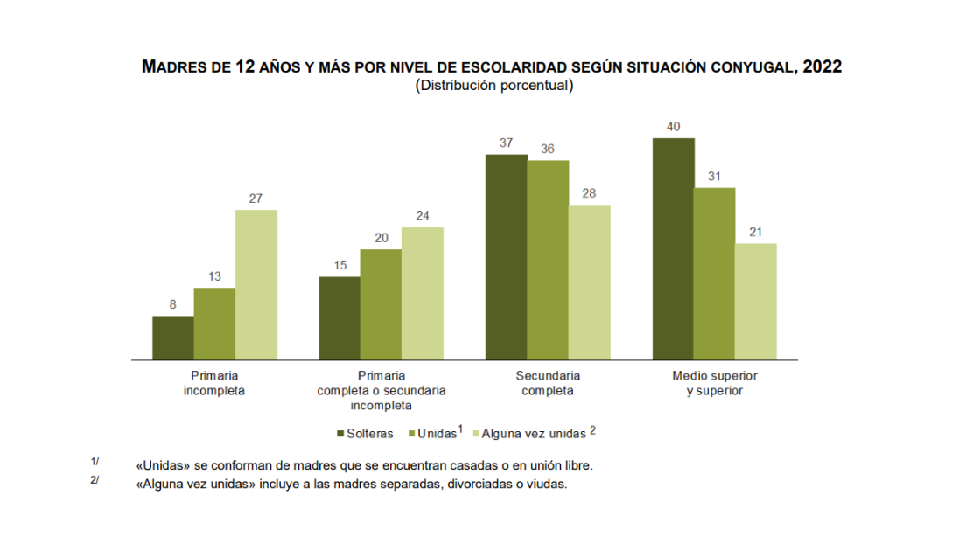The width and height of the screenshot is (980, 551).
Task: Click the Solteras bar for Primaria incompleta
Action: coord(172,338)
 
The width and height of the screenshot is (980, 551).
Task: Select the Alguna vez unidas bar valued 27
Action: coord(256,284)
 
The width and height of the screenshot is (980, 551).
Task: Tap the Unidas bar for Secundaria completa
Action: coord(548,260)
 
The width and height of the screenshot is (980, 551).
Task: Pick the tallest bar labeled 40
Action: coord(674,248)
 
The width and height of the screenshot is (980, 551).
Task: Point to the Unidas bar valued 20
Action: coord(381,304)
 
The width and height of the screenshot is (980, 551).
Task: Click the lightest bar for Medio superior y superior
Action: coord(756,301)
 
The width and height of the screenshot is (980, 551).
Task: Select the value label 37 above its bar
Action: coord(506,143)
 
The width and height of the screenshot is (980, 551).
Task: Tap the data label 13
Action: coord(214,277)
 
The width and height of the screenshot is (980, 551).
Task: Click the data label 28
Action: coord(589,194)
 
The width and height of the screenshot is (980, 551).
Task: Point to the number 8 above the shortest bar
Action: coord(172,305)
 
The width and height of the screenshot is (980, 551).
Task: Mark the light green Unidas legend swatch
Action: coord(413,433)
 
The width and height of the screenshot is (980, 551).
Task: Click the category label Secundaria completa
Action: coord(548,383)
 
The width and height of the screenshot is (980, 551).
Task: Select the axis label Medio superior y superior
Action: coord(714,383)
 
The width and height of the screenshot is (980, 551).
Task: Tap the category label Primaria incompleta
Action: coord(214,383)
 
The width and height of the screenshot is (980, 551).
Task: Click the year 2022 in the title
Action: coord(822,67)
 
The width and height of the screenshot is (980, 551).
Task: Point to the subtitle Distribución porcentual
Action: coord(494,86)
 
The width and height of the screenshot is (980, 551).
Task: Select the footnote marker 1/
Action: coord(94,462)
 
